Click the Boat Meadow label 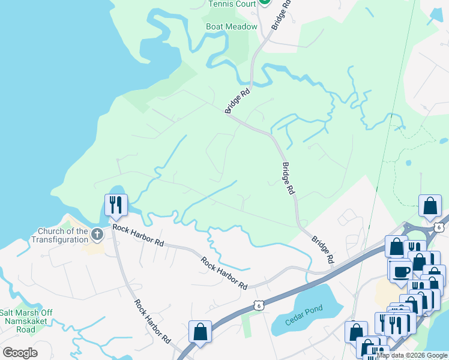tap(231, 26)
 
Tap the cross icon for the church tap(97, 235)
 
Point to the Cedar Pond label tap(304, 312)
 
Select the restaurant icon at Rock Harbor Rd tap(115, 205)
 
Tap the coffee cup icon tap(401, 271)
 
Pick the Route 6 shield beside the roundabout tap(440, 227)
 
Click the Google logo tap(20, 353)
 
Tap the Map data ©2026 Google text tap(412, 356)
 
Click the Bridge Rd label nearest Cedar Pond tap(322, 250)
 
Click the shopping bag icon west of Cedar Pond tap(200, 331)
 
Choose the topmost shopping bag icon tap(430, 206)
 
